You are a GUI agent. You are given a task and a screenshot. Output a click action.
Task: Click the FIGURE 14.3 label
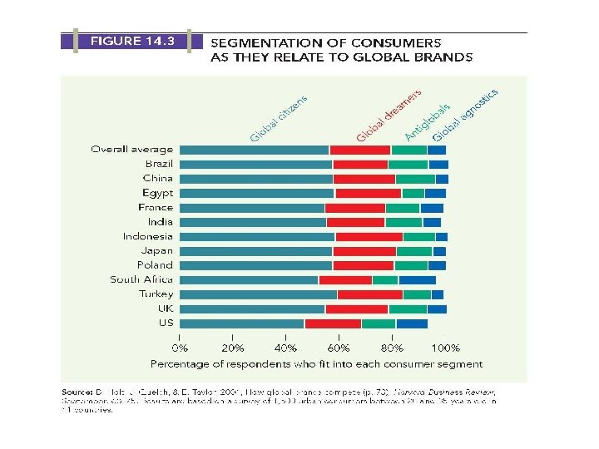tap(127, 40)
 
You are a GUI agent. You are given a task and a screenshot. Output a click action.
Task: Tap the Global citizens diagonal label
tap(280, 117)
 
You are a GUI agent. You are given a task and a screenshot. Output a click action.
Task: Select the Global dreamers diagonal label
tap(389, 115)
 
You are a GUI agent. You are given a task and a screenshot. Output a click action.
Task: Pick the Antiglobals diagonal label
tap(428, 121)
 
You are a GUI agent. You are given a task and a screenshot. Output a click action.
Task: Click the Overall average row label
tap(132, 150)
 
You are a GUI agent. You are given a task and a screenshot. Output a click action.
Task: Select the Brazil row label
tap(159, 164)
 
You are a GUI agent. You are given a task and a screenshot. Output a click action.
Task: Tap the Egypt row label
tap(157, 193)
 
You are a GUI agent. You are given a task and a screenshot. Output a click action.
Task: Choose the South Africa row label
tap(141, 279)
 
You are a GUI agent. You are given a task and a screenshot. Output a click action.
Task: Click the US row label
tap(166, 323)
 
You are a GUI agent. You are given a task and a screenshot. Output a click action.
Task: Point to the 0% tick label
tap(180, 348)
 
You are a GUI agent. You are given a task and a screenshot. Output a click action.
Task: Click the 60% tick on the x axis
tap(339, 348)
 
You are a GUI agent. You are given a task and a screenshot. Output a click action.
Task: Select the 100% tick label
tap(446, 348)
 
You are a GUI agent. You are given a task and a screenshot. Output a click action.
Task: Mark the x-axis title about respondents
tap(316, 364)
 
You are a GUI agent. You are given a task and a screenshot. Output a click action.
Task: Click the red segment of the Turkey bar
tap(369, 294)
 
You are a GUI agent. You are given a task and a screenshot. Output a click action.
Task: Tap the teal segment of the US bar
tap(242, 323)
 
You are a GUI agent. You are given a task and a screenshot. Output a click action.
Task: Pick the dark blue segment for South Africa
tap(417, 279)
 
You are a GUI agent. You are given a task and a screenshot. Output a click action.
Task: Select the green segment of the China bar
tap(415, 179)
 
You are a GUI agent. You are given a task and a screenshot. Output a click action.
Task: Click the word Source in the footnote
tap(80, 391)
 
